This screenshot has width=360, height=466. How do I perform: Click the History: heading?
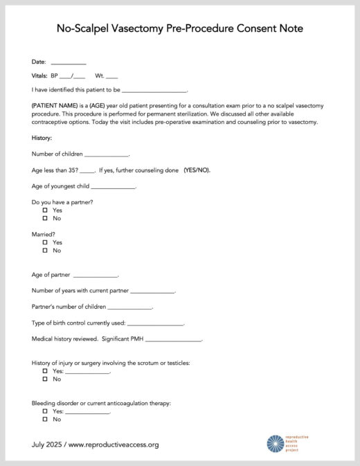point(42,138)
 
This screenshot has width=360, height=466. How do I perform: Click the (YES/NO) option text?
point(197,170)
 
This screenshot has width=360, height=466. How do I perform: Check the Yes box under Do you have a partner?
point(45,210)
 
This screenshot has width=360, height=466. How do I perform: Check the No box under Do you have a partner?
point(45,218)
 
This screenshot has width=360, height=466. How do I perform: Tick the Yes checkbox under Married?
point(45,242)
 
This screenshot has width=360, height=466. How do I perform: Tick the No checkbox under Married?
point(45,251)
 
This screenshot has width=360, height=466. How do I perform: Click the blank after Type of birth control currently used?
point(156,324)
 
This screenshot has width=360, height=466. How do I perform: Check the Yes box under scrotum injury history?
point(45,371)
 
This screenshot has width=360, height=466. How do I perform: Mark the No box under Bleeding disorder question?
point(45,419)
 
